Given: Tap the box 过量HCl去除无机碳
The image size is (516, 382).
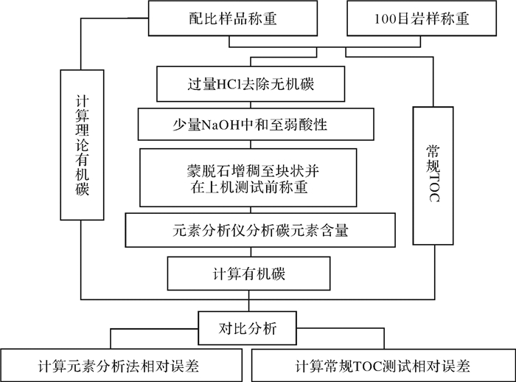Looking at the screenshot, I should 251,84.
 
